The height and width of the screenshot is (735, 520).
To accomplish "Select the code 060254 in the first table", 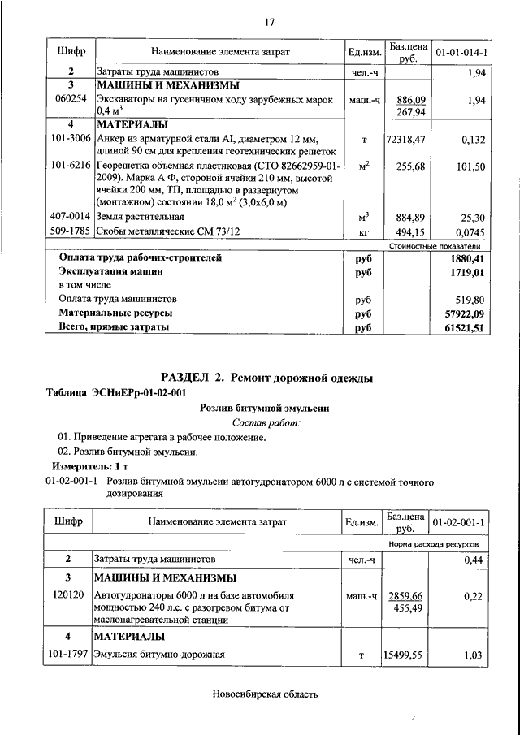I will pos(71,99).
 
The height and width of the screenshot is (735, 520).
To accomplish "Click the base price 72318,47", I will pos(405,140).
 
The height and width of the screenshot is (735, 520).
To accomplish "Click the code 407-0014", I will pos(71,217).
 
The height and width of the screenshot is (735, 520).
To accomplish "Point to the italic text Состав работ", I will pos(266,422).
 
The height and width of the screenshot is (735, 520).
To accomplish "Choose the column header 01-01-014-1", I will pos(461,52).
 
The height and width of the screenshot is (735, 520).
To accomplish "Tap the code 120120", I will pos(71,595).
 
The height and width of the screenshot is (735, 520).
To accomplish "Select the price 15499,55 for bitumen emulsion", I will pos(405,655).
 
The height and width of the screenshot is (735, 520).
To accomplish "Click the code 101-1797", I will pos(71,654).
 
